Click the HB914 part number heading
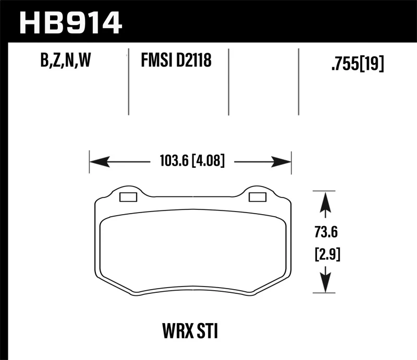click(70, 21)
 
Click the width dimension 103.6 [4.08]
click(190, 162)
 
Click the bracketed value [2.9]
click(325, 255)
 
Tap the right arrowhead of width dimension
click(281, 162)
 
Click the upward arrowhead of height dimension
click(325, 201)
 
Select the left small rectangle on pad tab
click(128, 197)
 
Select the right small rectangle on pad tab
click(257, 197)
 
